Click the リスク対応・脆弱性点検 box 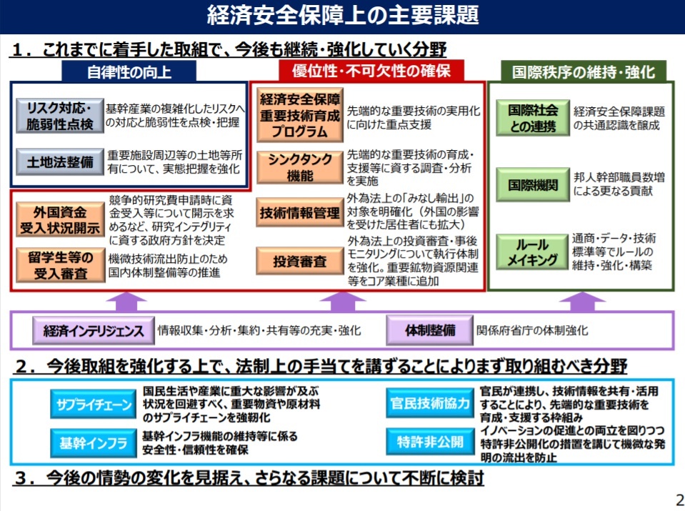pyautogui.click(x=60, y=115)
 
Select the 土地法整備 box pyautogui.click(x=60, y=162)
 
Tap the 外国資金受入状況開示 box pyautogui.click(x=60, y=220)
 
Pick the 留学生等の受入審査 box pyautogui.click(x=60, y=265)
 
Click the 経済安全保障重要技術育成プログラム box pyautogui.click(x=300, y=115)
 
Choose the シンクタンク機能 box pyautogui.click(x=300, y=167)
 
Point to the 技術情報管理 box pyautogui.click(x=300, y=212)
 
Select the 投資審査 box pyautogui.click(x=300, y=261)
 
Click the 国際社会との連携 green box pyautogui.click(x=533, y=118)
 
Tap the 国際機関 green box pyautogui.click(x=533, y=185)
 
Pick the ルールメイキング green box pyautogui.click(x=532, y=252)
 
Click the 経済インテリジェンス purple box pyautogui.click(x=94, y=331)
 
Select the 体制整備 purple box pyautogui.click(x=430, y=330)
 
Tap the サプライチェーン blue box pyautogui.click(x=94, y=405)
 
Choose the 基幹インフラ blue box pyautogui.click(x=94, y=443)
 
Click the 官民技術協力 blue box pyautogui.click(x=430, y=403)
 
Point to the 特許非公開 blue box pyautogui.click(x=430, y=442)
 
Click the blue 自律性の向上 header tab pyautogui.click(x=129, y=71)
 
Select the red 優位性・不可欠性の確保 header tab pyautogui.click(x=371, y=70)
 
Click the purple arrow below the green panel pyautogui.click(x=582, y=302)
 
